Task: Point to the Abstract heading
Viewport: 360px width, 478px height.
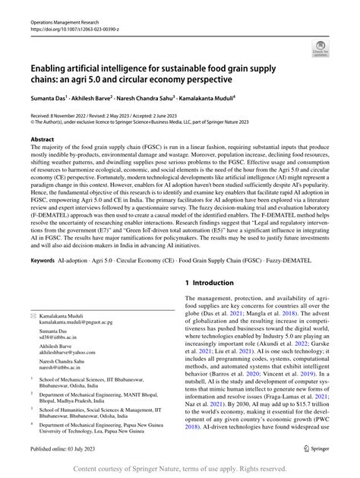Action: [x=42, y=141]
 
